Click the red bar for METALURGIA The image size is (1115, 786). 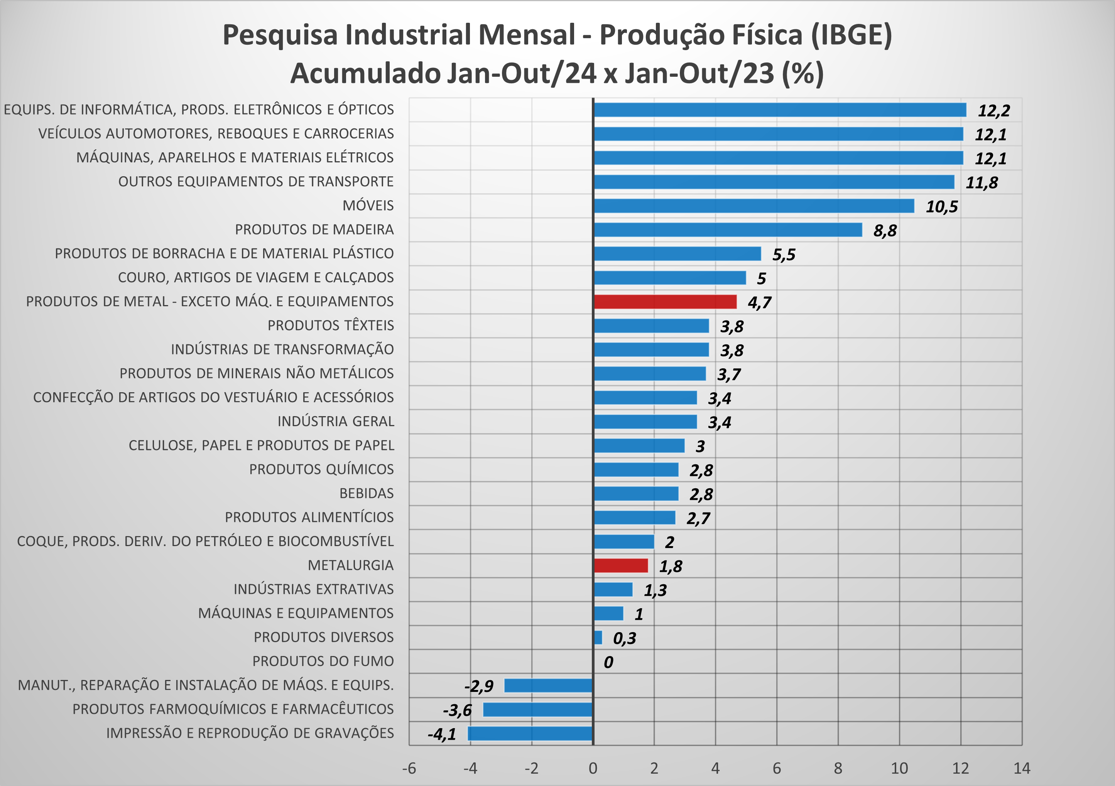pos(621,566)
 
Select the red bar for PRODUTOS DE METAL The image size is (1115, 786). pos(665,302)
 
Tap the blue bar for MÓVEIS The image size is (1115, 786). pos(754,206)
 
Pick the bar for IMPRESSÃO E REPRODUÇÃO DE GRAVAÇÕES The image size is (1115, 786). pos(530,734)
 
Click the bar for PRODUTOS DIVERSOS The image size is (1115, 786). pos(598,638)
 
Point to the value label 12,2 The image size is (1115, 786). pos(993,111)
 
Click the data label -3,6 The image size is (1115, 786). pos(457,710)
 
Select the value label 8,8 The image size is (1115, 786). pos(885,231)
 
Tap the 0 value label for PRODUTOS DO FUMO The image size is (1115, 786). pos(608,662)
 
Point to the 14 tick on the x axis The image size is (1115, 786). pos(1022,768)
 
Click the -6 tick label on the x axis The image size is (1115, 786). pos(409,768)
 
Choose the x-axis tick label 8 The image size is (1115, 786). pos(838,768)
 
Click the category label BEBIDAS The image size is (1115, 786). pos(366,493)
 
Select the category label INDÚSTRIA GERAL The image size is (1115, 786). pos(336,422)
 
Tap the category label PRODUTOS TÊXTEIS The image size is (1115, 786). pos(331,325)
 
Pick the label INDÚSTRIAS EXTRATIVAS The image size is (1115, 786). pos(314,589)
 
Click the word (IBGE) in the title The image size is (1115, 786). pos(851,35)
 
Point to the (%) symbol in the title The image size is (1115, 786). pos(803,73)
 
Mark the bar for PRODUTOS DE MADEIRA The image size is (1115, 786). pos(728,229)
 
